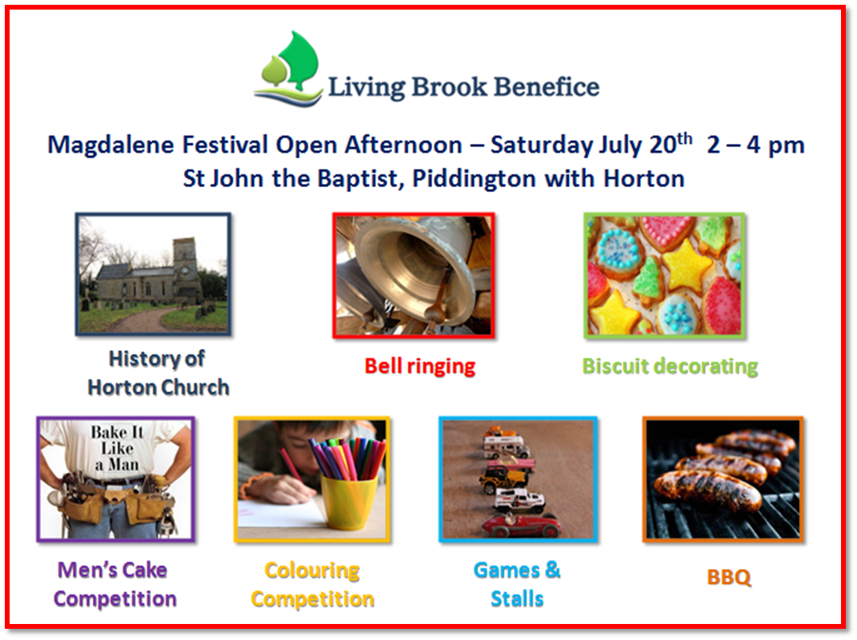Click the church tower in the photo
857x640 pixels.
tap(186, 269)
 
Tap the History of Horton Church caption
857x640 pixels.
tap(158, 373)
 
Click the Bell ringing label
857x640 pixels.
tap(420, 366)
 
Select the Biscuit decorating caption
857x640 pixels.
tap(670, 366)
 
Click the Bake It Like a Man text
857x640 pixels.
tap(117, 448)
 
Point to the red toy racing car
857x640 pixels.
tap(521, 526)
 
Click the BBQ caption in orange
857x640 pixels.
tap(728, 577)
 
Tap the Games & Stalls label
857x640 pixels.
tap(517, 584)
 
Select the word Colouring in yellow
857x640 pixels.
tap(312, 570)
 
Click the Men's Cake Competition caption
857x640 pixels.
tap(114, 584)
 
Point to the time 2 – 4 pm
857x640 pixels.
tap(755, 146)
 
